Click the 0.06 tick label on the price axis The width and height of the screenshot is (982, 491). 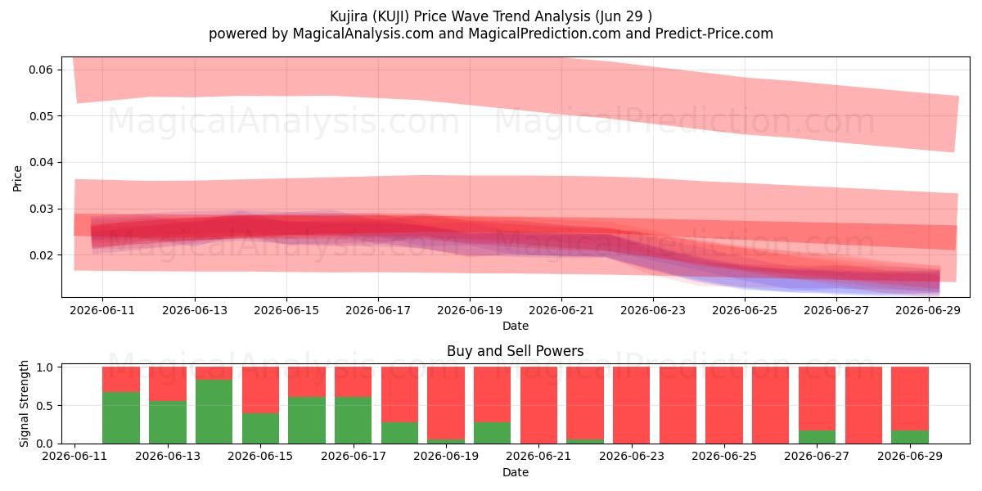(x=41, y=70)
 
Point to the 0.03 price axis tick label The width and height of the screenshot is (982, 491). (x=41, y=209)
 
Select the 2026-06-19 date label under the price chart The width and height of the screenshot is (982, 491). (x=470, y=310)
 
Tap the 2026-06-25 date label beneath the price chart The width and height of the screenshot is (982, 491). (x=745, y=310)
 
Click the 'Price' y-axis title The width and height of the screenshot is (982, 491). (x=17, y=178)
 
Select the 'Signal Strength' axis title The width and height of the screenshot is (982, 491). (x=24, y=403)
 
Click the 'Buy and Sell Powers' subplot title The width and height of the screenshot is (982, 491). (x=515, y=351)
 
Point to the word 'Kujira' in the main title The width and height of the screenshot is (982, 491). (x=349, y=16)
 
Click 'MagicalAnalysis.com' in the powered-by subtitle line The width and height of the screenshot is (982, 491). (x=363, y=34)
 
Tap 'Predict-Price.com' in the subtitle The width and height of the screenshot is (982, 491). (x=714, y=34)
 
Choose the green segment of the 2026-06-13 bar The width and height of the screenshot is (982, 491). (x=168, y=422)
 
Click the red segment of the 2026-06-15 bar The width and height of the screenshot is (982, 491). (x=260, y=390)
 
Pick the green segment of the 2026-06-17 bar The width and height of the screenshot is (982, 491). (x=353, y=420)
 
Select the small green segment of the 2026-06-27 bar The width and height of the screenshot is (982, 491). (x=817, y=437)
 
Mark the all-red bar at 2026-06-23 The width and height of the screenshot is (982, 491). (x=631, y=405)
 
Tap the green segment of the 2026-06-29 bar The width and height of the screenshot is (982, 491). (x=910, y=437)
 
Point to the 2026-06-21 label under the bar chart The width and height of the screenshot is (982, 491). (x=538, y=456)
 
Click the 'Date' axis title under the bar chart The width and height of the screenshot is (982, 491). (x=515, y=472)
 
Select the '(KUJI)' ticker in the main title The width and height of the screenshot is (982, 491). (x=390, y=16)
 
